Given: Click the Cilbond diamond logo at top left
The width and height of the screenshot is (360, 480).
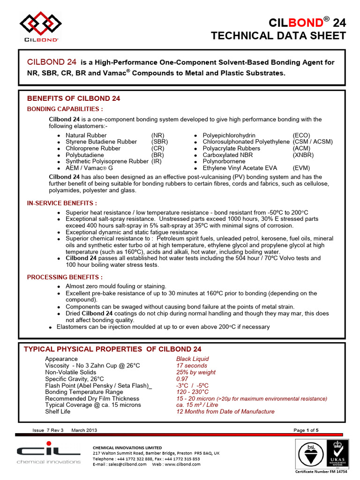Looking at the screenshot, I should [40, 23].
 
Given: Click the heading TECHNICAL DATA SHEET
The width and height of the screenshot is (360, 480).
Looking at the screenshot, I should [278, 36].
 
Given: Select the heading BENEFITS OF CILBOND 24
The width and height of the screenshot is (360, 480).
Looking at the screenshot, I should [74, 98].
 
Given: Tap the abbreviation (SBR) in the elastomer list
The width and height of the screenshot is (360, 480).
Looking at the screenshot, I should [160, 142].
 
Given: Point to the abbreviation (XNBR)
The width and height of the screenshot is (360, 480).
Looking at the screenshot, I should [303, 155].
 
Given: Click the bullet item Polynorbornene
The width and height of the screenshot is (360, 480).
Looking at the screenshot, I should [224, 161].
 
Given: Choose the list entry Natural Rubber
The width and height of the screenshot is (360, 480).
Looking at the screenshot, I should [86, 135].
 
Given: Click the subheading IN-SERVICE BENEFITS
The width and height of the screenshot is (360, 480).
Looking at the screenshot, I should [62, 203].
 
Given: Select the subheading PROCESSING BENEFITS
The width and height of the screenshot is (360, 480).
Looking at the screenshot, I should [65, 277].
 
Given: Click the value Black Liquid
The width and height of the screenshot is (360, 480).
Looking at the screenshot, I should [192, 359].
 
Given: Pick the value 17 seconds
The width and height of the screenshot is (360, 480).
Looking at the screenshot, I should [192, 365].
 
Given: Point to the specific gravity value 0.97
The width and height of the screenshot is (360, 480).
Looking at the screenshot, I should [182, 378].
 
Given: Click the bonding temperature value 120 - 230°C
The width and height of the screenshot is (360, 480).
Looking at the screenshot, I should [192, 391].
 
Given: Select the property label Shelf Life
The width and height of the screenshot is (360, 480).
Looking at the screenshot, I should [59, 411].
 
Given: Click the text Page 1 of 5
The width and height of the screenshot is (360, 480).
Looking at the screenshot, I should [306, 430].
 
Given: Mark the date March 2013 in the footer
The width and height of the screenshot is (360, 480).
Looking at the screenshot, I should [84, 430].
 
